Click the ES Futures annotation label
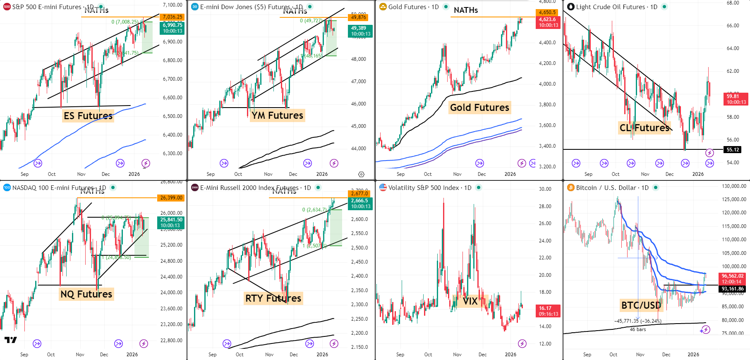pyautogui.click(x=88, y=116)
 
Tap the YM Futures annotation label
pyautogui.click(x=277, y=115)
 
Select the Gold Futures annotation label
pyautogui.click(x=479, y=108)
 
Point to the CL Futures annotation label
pyautogui.click(x=644, y=128)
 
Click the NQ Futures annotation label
pyautogui.click(x=86, y=294)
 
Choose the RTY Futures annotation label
pyautogui.click(x=273, y=298)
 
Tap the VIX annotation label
pyautogui.click(x=470, y=301)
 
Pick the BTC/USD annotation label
pyautogui.click(x=641, y=305)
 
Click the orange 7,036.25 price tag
pyautogui.click(x=172, y=17)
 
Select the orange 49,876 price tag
pyautogui.click(x=358, y=17)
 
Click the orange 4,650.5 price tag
pyautogui.click(x=547, y=12)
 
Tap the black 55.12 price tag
pyautogui.click(x=733, y=150)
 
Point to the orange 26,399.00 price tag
pyautogui.click(x=171, y=198)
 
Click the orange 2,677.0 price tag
pyautogui.click(x=359, y=193)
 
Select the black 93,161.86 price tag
pyautogui.click(x=733, y=289)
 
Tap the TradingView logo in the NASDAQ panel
pyautogui.click(x=11, y=340)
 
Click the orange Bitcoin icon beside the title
pyautogui.click(x=571, y=188)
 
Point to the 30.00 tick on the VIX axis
pyautogui.click(x=545, y=189)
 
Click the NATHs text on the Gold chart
pyautogui.click(x=465, y=10)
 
